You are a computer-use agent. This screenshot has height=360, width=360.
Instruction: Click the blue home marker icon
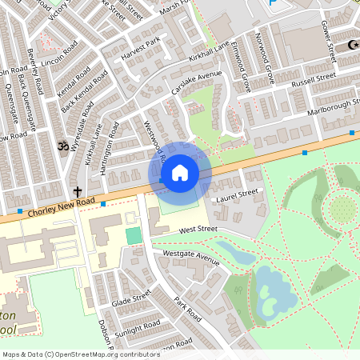pyautogui.click(x=180, y=172)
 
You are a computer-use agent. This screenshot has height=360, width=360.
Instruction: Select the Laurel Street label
pyautogui.click(x=238, y=194)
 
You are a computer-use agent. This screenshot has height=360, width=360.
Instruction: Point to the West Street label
pyautogui.click(x=198, y=230)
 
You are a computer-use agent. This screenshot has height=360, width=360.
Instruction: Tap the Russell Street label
pyautogui.click(x=313, y=81)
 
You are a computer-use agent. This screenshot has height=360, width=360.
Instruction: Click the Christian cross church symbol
pyautogui.click(x=78, y=192)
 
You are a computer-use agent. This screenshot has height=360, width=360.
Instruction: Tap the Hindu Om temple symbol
pyautogui.click(x=61, y=147)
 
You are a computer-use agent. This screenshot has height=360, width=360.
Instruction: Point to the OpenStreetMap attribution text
pyautogui.click(x=82, y=354)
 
